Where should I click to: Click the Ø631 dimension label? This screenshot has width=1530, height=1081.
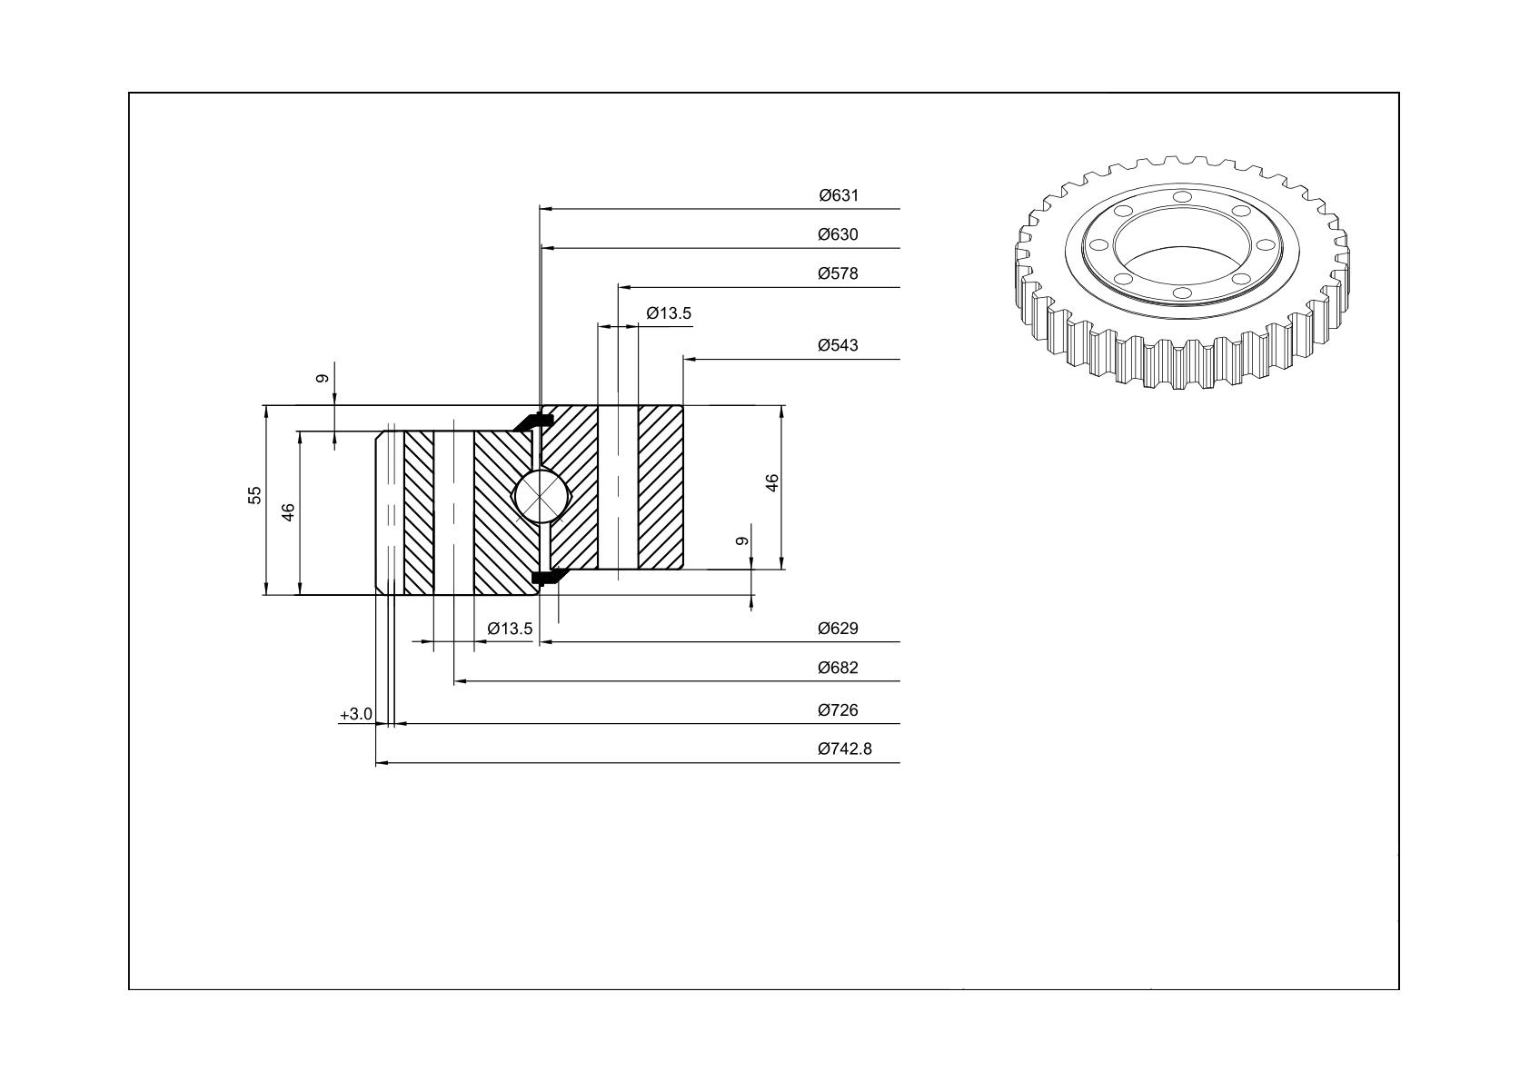click(x=838, y=195)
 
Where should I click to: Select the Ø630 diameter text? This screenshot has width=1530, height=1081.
click(x=838, y=234)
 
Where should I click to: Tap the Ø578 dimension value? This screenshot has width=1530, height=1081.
click(x=838, y=273)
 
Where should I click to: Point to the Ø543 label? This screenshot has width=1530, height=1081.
click(x=838, y=345)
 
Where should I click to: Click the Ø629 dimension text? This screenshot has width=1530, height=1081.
click(x=838, y=629)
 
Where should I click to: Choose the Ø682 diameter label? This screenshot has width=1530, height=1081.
click(x=838, y=668)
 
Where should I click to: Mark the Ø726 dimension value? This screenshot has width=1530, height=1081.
click(x=838, y=710)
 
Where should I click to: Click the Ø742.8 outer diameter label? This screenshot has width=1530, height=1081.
click(x=845, y=749)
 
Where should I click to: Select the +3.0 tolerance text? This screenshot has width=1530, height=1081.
click(x=356, y=714)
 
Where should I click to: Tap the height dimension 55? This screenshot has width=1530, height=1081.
click(x=254, y=495)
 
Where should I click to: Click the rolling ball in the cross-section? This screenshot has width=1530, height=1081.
click(x=540, y=497)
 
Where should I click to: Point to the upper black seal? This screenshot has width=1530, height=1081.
click(x=532, y=422)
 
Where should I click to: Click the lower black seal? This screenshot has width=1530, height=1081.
click(x=544, y=576)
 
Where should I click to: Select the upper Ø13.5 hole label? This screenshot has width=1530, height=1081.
click(x=669, y=313)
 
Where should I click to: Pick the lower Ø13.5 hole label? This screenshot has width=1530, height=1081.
click(x=510, y=629)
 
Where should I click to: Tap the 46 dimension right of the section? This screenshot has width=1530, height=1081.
click(x=772, y=482)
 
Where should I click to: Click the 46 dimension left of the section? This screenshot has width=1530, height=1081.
click(x=288, y=512)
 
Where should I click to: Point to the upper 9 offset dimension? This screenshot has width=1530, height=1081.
click(x=323, y=379)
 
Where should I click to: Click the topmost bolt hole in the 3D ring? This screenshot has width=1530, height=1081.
click(x=1182, y=197)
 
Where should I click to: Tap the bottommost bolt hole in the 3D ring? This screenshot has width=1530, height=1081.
click(x=1182, y=293)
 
